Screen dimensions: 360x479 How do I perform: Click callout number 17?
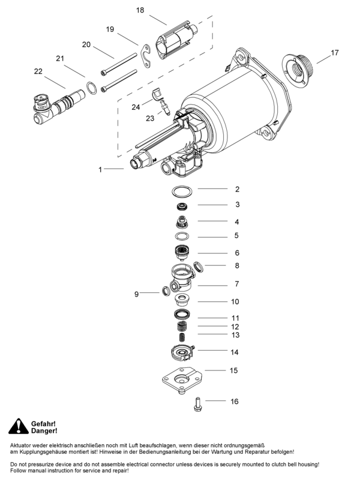pyautogui.click(x=334, y=53)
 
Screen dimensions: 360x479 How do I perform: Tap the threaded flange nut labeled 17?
pyautogui.click(x=296, y=70)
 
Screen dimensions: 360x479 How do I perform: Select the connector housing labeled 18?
pyautogui.click(x=176, y=40)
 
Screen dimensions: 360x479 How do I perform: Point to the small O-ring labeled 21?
pyautogui.click(x=91, y=88)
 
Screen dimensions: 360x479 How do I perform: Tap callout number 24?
pyautogui.click(x=136, y=107)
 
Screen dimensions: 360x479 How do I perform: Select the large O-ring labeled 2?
pyautogui.click(x=182, y=192)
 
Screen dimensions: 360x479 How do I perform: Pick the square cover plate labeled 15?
pyautogui.click(x=182, y=380)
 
